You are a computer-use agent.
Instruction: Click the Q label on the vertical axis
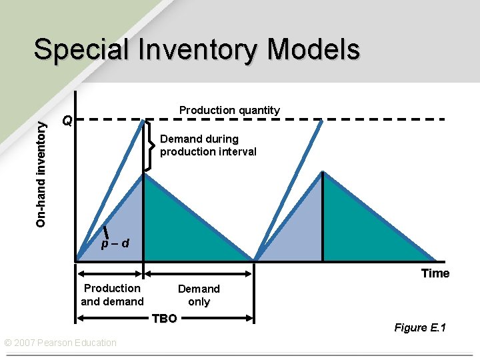[x=66, y=121]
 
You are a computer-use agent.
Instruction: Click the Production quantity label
[x=229, y=110]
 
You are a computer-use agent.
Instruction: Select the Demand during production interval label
[x=208, y=145]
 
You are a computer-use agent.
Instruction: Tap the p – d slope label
[x=115, y=243]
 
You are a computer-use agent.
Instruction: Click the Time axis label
[x=435, y=273]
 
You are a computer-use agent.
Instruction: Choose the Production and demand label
[x=112, y=295]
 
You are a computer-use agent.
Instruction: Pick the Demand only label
[x=199, y=295]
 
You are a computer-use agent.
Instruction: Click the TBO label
[x=164, y=318]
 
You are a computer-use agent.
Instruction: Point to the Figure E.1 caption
[x=420, y=327]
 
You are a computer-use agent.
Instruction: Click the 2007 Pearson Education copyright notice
[x=60, y=343]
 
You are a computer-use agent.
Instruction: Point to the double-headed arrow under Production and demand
[x=110, y=272]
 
